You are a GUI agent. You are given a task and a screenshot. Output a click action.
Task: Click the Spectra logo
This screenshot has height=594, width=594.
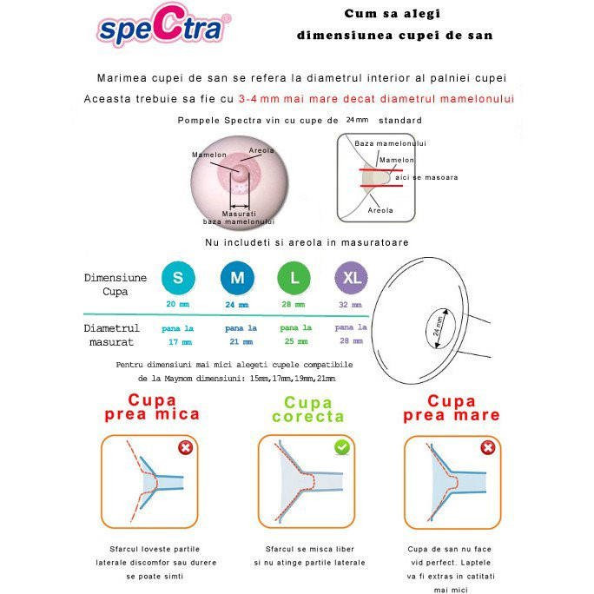(162, 30)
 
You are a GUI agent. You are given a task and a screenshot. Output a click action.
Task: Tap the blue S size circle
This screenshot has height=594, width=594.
(178, 278)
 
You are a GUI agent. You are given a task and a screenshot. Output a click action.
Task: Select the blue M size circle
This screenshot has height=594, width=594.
(236, 278)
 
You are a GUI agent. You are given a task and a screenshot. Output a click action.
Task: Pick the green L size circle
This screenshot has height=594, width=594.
(294, 278)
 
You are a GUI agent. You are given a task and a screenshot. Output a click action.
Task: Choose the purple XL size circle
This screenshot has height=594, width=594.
(351, 278)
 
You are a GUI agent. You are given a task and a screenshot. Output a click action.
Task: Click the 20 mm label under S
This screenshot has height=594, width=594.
(177, 305)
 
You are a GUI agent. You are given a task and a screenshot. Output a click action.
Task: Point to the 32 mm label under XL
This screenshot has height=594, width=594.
(351, 305)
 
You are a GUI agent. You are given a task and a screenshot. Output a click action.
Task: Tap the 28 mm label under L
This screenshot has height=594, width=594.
(294, 305)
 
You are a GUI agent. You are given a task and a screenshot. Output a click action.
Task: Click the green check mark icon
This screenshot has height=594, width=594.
(341, 447)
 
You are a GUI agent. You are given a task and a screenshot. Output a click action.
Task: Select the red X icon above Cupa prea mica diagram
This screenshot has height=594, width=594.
(185, 448)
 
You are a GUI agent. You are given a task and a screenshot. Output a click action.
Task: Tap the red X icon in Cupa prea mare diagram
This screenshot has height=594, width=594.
(487, 448)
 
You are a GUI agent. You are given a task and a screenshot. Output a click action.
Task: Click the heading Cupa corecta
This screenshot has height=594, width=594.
(308, 409)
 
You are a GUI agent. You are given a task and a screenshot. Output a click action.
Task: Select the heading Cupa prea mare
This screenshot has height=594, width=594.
(452, 407)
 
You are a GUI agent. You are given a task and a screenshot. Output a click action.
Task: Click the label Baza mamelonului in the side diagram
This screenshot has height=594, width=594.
(390, 143)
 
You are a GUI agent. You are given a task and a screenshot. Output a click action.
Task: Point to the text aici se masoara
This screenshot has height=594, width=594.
(426, 177)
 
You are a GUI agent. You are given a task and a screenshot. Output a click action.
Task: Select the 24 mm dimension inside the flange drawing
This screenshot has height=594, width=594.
(438, 328)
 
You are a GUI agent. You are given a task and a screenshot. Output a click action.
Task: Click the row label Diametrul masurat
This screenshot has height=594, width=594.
(111, 335)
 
